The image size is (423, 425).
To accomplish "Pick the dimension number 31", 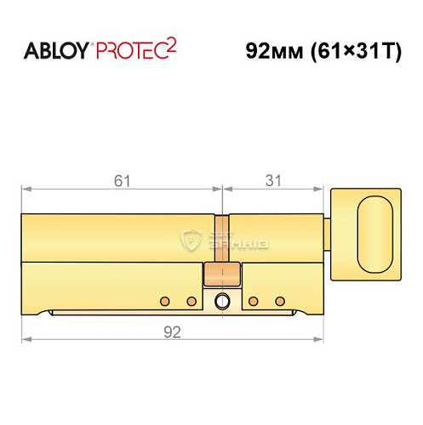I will pyautogui.click(x=273, y=179).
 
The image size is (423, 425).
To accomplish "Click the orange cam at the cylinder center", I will pyautogui.click(x=222, y=276).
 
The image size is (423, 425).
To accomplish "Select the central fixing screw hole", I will pyautogui.click(x=223, y=301).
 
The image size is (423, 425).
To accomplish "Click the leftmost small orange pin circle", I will pyautogui.click(x=165, y=301).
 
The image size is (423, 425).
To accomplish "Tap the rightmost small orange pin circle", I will pyautogui.click(x=280, y=301).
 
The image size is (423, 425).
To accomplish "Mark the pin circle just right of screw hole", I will pyautogui.click(x=254, y=301).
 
